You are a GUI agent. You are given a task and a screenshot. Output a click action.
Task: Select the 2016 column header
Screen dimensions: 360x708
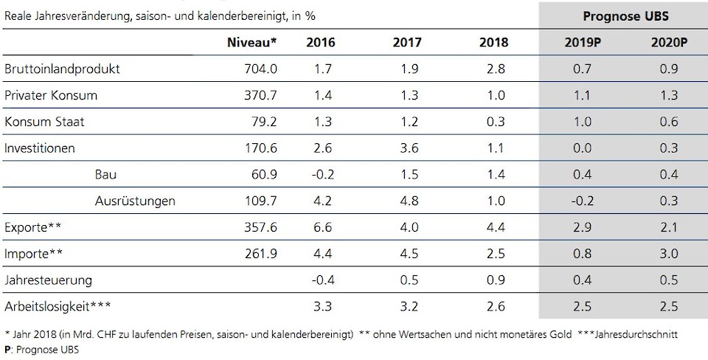pyautogui.click(x=320, y=42)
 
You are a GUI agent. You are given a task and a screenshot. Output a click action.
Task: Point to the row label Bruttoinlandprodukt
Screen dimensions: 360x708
pyautogui.click(x=62, y=69)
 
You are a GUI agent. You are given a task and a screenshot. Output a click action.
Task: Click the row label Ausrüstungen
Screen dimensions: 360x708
pyautogui.click(x=135, y=201)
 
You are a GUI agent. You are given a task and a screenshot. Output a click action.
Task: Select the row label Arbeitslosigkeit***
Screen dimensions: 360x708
pyautogui.click(x=60, y=306)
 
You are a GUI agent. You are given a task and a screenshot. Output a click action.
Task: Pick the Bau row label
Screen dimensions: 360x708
pyautogui.click(x=105, y=175)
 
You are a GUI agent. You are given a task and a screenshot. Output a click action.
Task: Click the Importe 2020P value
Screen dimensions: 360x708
pyautogui.click(x=669, y=254)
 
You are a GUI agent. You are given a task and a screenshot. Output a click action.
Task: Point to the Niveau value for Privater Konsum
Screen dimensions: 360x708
pyautogui.click(x=260, y=95)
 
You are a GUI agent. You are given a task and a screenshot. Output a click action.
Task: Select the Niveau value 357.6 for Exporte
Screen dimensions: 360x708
pyautogui.click(x=260, y=227)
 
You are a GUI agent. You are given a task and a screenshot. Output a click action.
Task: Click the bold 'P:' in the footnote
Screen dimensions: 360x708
pyautogui.click(x=7, y=350)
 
